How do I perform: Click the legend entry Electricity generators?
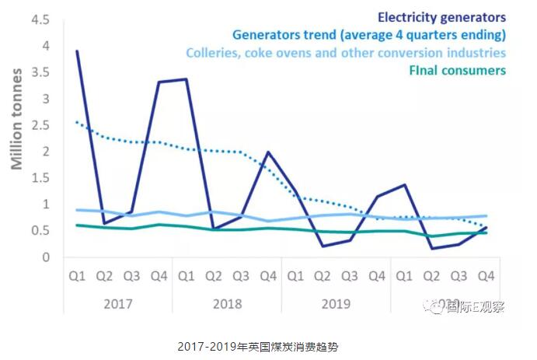(441, 16)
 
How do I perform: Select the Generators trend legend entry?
(369, 34)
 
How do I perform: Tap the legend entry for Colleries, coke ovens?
(347, 53)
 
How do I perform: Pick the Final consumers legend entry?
(457, 71)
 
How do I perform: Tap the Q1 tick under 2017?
(76, 275)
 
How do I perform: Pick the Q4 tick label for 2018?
(267, 275)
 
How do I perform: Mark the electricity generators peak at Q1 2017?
(76, 51)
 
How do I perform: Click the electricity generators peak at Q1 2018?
(185, 79)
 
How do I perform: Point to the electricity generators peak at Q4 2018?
(267, 152)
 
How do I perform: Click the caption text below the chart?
(268, 344)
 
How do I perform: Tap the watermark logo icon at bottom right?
(435, 306)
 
